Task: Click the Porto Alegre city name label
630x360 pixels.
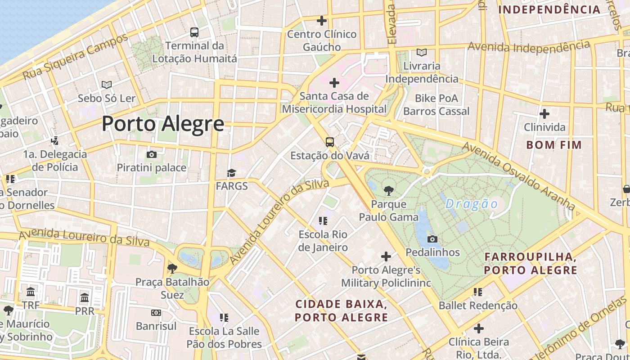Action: point(163,123)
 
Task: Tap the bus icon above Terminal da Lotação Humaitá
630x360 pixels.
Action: point(194,32)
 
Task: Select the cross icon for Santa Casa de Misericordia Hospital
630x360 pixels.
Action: point(334,83)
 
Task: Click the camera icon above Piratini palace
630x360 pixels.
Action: point(152,155)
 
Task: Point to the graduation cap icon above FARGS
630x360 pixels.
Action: point(232,173)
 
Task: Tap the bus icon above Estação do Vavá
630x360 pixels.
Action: point(330,143)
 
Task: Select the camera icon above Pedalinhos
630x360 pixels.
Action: point(432,239)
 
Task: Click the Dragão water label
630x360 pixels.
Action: point(472,204)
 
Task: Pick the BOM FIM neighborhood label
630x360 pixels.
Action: point(554,145)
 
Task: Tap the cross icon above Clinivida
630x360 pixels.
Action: point(544,114)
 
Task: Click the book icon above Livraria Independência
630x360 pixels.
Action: point(422,53)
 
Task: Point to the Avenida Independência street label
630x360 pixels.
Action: point(529,46)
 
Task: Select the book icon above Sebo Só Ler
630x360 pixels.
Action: point(107,85)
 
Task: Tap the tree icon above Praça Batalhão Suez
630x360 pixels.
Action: point(172,269)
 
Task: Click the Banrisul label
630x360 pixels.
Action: point(156,326)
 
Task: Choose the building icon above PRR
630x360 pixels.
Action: point(85,298)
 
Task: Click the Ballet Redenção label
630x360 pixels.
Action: point(478,306)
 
